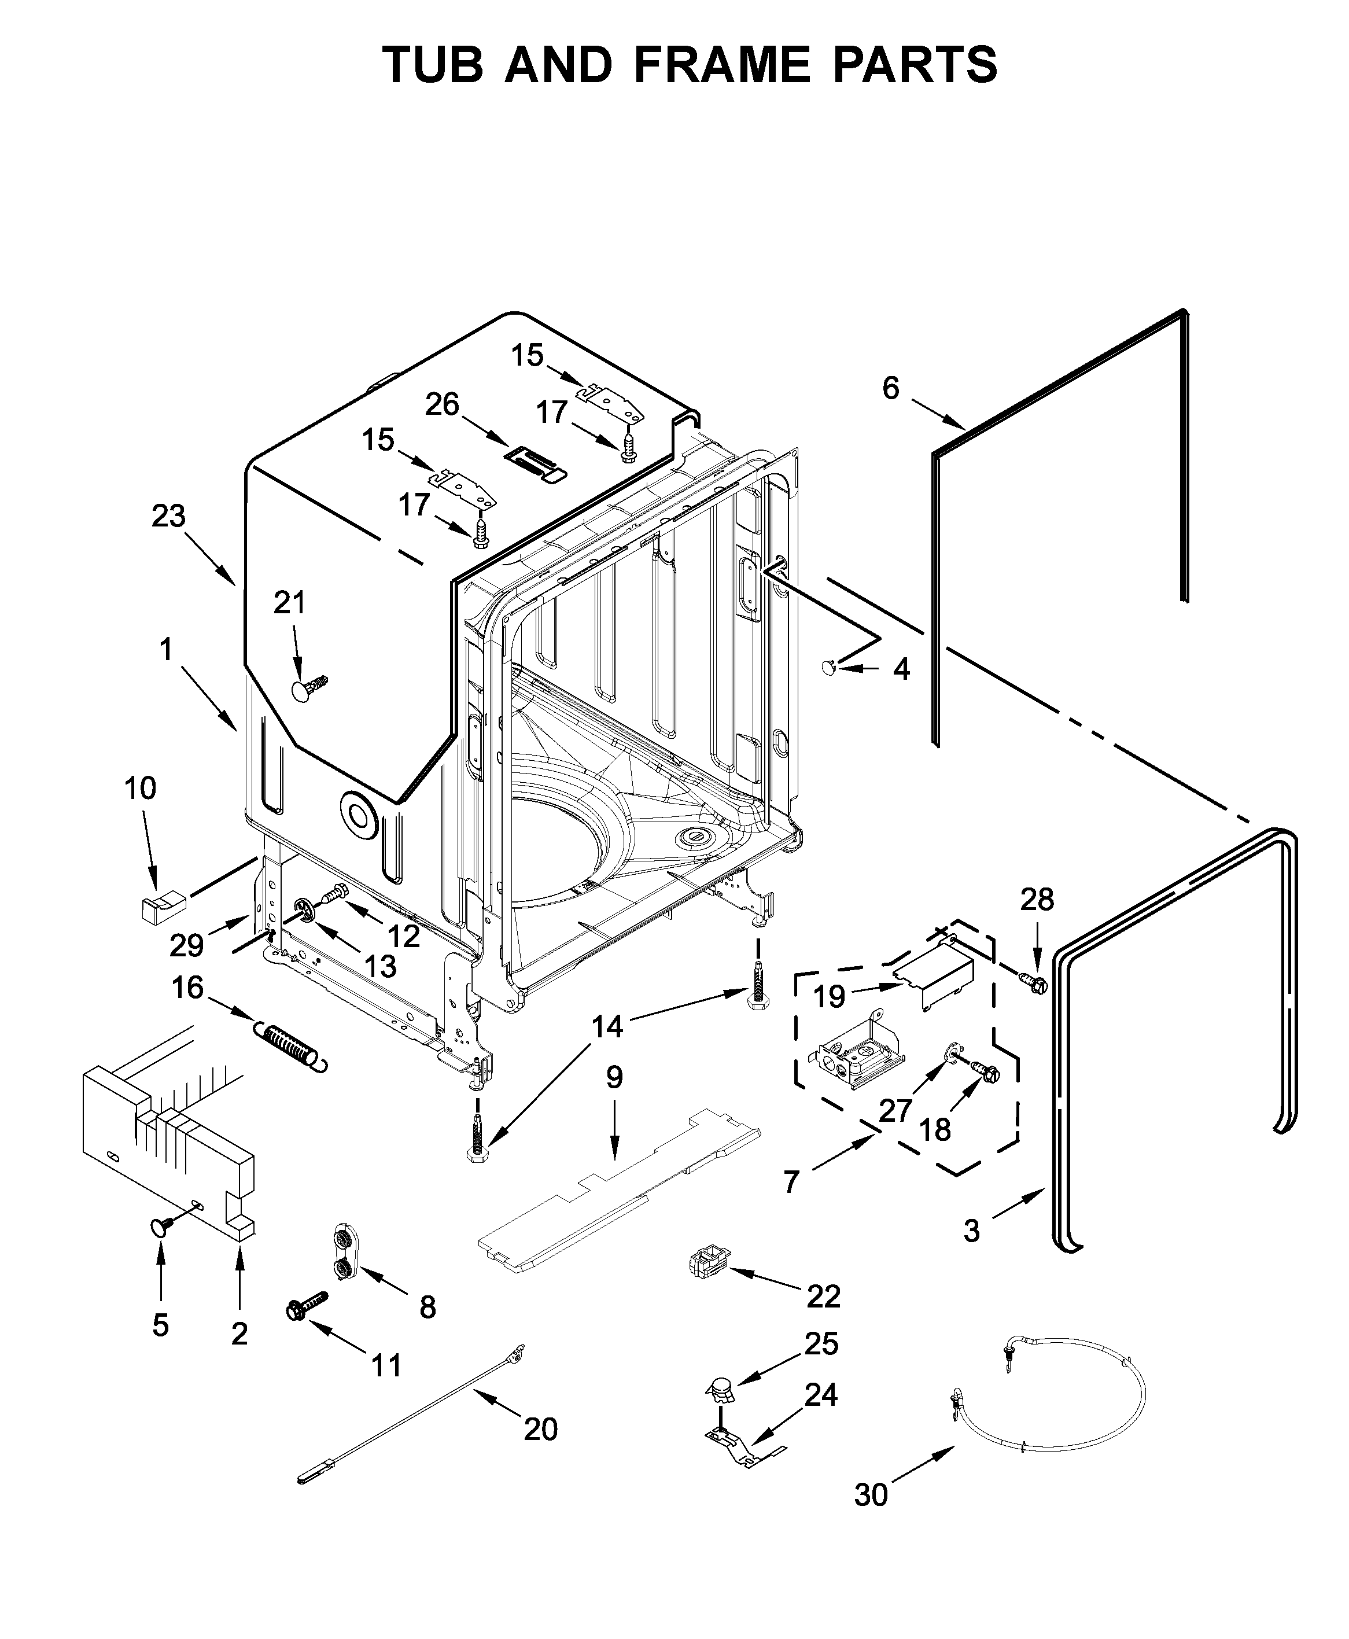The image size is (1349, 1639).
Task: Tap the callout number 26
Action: tap(442, 404)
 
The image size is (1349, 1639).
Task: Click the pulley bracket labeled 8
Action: tap(342, 1249)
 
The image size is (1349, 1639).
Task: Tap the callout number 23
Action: tap(169, 516)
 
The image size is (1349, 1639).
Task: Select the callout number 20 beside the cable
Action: tap(540, 1428)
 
